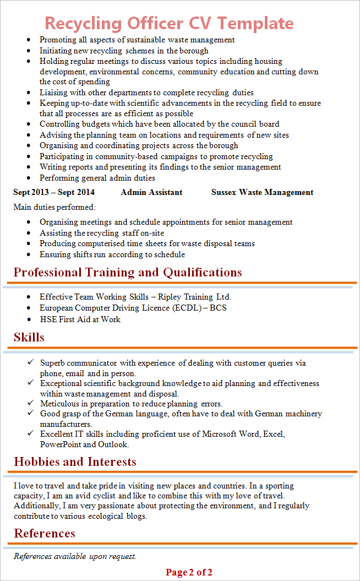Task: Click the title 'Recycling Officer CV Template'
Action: tap(169, 23)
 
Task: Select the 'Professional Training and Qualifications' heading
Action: tap(128, 273)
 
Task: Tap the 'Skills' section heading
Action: tap(29, 338)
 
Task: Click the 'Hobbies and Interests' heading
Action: tap(75, 461)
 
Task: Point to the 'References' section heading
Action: tap(45, 533)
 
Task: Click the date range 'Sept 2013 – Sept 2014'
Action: tap(54, 192)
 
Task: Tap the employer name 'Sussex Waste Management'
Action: tap(262, 192)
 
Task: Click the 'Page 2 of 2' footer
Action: tap(189, 572)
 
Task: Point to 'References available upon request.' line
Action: tap(75, 556)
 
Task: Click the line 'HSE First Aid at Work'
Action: tap(80, 319)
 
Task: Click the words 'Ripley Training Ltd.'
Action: tap(194, 297)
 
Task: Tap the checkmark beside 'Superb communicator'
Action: tap(30, 362)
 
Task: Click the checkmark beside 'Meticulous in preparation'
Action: tap(30, 403)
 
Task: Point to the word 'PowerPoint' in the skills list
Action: tap(60, 444)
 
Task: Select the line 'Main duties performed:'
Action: tap(54, 208)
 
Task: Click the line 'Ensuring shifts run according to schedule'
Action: tap(112, 254)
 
